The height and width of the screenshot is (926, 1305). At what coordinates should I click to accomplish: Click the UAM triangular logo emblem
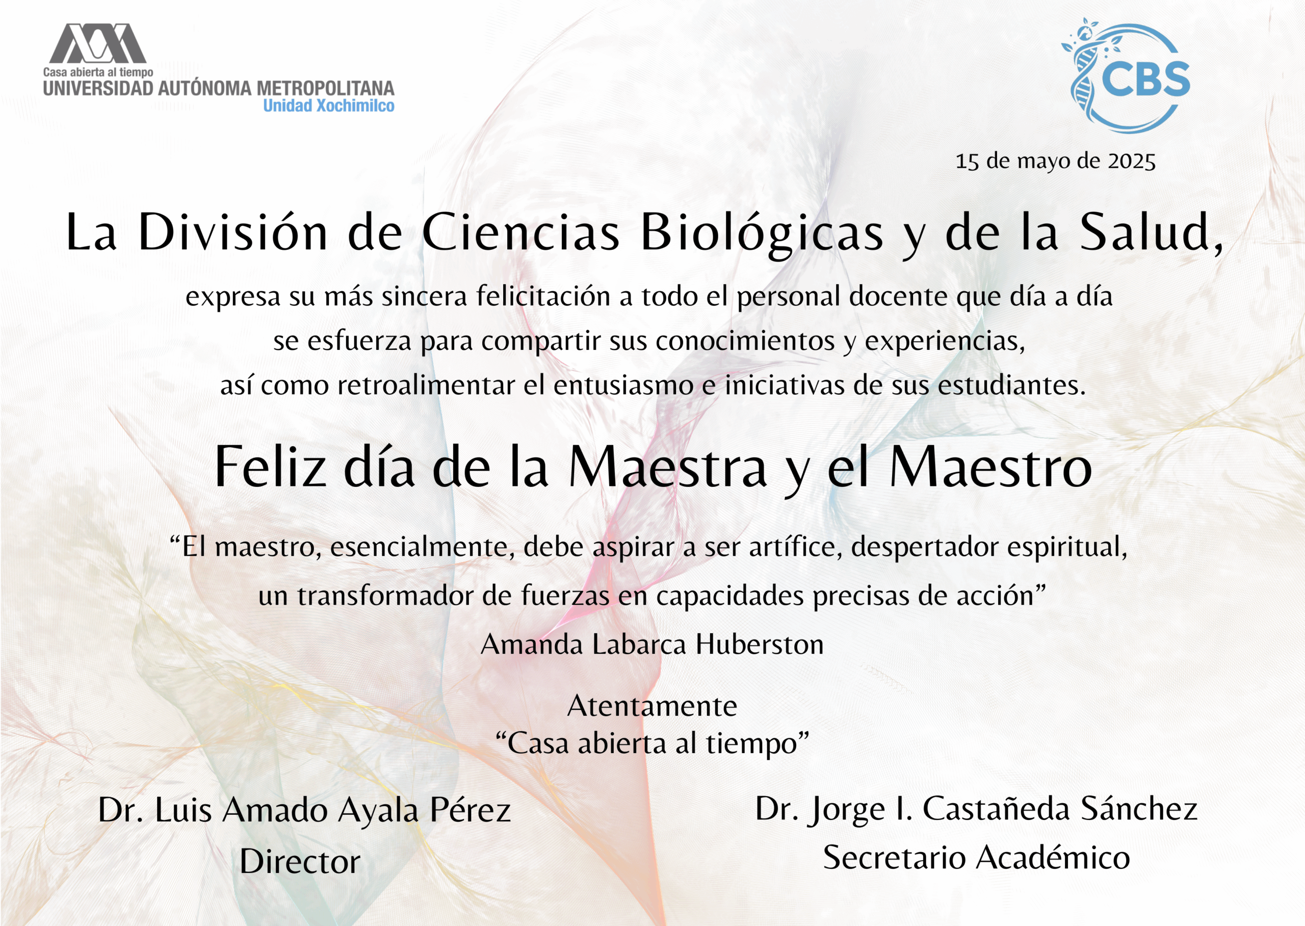coord(97,43)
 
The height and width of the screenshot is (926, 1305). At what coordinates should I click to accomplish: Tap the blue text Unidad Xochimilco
coord(328,106)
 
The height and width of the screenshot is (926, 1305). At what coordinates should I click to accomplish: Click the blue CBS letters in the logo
coord(1145,79)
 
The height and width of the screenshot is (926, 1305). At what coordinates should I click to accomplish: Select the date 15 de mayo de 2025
coord(1055,161)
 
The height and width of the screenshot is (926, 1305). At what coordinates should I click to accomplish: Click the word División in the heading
coord(233,232)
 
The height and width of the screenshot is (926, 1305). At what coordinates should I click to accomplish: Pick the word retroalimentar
coord(426,385)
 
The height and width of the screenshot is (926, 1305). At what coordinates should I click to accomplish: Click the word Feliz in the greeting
coord(271,467)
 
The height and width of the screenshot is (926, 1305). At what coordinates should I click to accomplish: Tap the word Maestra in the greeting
coord(667,467)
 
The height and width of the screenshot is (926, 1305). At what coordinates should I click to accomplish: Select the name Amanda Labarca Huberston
coord(652,645)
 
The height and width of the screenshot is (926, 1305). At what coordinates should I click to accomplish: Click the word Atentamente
coord(652,706)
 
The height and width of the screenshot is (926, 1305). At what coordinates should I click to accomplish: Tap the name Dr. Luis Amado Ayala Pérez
coord(304,810)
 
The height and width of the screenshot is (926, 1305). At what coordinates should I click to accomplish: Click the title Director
coord(300,861)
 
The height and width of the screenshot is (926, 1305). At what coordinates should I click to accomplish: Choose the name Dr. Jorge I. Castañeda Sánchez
coord(976,809)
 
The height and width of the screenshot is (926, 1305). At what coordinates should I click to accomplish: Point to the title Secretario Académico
coord(976,857)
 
